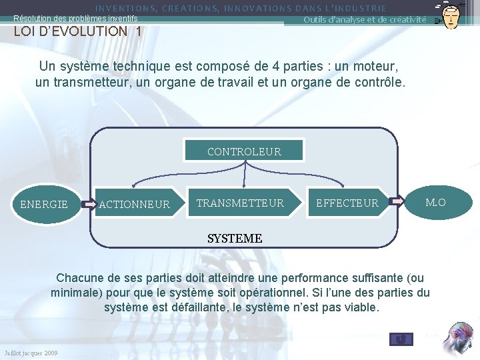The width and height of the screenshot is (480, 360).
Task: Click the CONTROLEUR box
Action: point(244,151)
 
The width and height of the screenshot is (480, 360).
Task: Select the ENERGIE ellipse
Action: point(45,204)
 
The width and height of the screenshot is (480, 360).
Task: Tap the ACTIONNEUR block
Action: point(135,204)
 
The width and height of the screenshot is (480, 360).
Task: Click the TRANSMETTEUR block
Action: point(239,203)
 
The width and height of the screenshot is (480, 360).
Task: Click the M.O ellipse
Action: point(435,202)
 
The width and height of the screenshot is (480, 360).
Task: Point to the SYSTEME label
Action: point(235,238)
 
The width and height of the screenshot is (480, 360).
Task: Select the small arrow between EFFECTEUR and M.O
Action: point(397,201)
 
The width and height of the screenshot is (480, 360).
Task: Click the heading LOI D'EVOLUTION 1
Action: point(78,31)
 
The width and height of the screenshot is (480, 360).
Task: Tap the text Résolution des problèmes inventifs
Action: point(75,19)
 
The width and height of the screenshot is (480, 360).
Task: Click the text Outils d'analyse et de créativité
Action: point(365,19)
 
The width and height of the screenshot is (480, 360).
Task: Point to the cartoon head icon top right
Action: point(451,15)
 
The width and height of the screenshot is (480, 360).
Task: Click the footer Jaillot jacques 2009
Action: point(31,353)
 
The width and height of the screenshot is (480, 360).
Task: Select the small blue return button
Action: point(401,339)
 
